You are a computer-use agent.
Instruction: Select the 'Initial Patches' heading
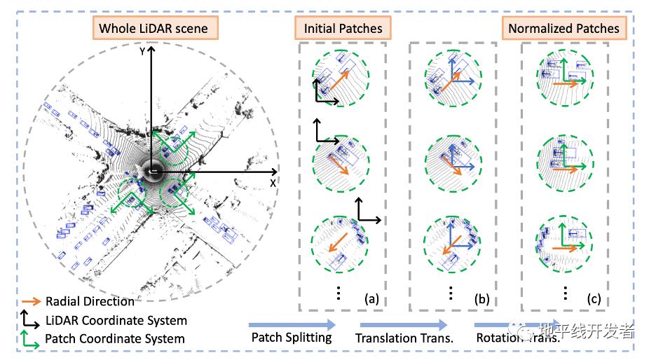coord(343,29)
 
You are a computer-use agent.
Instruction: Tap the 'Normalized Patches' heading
coord(563,29)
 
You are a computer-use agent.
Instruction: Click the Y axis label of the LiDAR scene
coord(142,51)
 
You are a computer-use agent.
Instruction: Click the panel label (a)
coord(371,299)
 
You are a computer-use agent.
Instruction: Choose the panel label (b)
coord(481,299)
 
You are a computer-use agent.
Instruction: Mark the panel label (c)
coord(594,299)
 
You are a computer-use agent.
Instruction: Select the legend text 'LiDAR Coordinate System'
coord(116,320)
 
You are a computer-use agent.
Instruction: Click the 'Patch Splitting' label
coord(291,338)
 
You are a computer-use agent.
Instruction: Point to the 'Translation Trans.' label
coord(404,338)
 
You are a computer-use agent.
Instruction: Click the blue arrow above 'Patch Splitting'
coord(292,324)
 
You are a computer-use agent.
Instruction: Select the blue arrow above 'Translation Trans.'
coord(404,324)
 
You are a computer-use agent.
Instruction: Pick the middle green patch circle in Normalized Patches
coord(565,160)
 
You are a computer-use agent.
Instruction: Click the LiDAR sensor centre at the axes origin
coord(153,171)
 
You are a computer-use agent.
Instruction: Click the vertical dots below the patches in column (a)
coord(338,293)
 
